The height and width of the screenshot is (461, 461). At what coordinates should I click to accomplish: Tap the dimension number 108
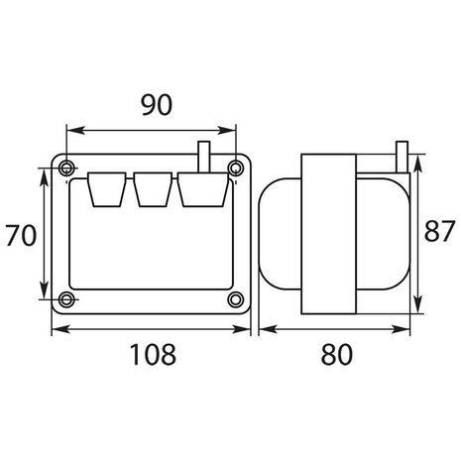[151, 351]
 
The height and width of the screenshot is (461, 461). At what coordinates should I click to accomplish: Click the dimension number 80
[337, 351]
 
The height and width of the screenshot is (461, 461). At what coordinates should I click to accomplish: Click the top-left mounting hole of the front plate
[66, 165]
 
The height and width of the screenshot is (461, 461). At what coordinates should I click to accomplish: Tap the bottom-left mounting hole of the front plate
[66, 298]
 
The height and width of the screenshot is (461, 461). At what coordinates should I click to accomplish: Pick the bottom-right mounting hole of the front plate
[235, 298]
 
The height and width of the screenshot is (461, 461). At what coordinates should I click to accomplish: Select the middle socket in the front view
[151, 190]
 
